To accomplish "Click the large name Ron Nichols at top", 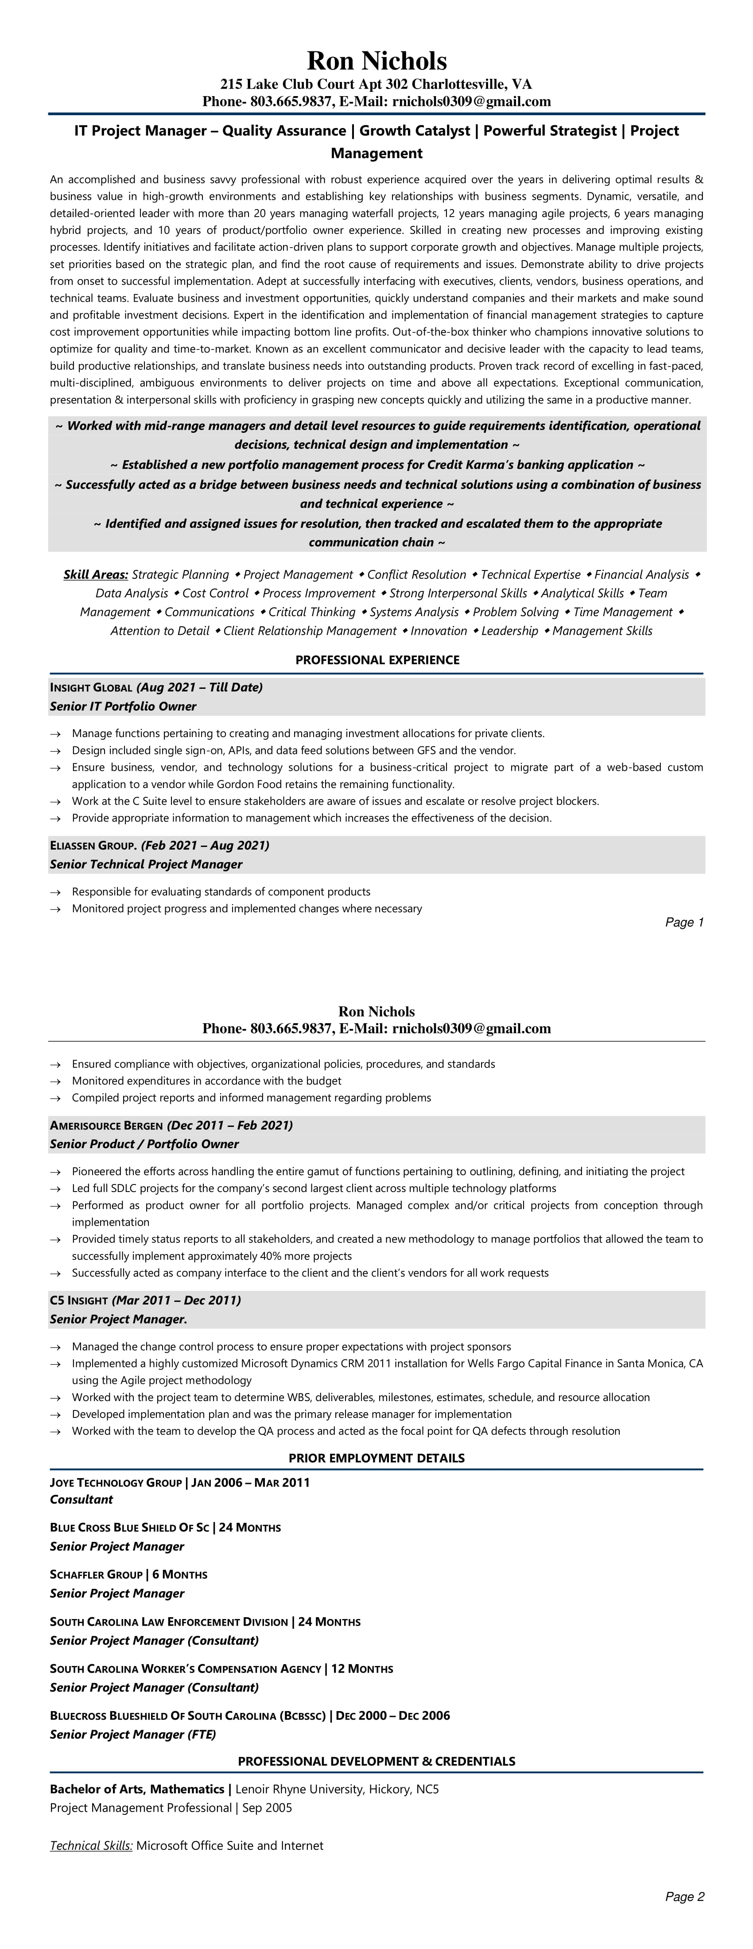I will [x=376, y=61].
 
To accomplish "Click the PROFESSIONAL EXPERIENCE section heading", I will [x=377, y=660].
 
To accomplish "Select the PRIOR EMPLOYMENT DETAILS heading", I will [x=376, y=1458].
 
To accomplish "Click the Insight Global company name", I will [x=91, y=688].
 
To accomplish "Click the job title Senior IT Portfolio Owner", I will [x=123, y=706].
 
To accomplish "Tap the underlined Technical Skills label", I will [x=91, y=1845].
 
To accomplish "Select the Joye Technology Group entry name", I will [x=115, y=1482].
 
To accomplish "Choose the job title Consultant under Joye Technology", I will [x=81, y=1499].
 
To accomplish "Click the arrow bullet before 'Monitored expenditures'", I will [x=55, y=1081].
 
